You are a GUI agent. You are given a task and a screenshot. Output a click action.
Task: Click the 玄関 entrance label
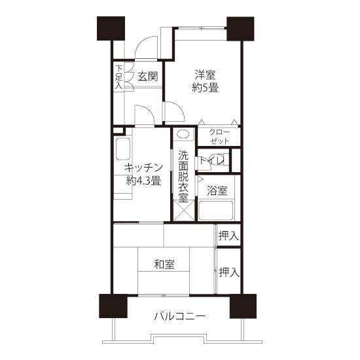pyautogui.click(x=148, y=77)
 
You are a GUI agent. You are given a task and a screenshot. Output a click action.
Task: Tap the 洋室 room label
pyautogui.click(x=206, y=75)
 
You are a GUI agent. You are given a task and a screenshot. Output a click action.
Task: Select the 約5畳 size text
pyautogui.click(x=206, y=88)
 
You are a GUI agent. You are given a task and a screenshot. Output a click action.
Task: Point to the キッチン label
pyautogui.click(x=143, y=168)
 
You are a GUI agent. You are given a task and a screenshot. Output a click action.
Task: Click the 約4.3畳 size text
pyautogui.click(x=143, y=181)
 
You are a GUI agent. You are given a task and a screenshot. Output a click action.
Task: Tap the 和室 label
pyautogui.click(x=164, y=264)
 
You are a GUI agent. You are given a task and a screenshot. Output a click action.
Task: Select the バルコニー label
pyautogui.click(x=179, y=317)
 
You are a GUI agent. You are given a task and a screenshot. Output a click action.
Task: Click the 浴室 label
pyautogui.click(x=217, y=190)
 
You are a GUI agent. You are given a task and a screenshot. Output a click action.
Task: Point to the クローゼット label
pyautogui.click(x=219, y=137)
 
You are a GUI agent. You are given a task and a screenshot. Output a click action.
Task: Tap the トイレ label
pyautogui.click(x=211, y=160)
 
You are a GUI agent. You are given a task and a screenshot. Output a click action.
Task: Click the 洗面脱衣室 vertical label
pyautogui.click(x=183, y=176)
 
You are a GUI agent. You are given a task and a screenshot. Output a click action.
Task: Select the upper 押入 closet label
pyautogui.click(x=229, y=236)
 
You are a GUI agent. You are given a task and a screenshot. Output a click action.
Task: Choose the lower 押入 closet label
pyautogui.click(x=229, y=272)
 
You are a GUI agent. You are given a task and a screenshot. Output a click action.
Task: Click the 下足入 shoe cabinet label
pyautogui.click(x=118, y=77)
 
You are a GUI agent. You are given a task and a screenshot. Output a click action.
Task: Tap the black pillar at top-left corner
pyautogui.click(x=111, y=28)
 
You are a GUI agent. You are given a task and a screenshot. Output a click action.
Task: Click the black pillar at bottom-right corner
pyautogui.click(x=243, y=306)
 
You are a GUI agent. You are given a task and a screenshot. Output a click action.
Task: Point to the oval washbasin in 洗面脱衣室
pyautogui.click(x=184, y=134)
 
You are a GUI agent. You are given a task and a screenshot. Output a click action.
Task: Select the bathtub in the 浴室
pyautogui.click(x=216, y=211)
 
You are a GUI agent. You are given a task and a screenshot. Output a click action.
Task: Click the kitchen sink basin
pyautogui.click(x=123, y=149)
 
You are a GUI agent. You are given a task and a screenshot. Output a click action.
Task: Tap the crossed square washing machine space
pyautogui.click(x=184, y=210)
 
